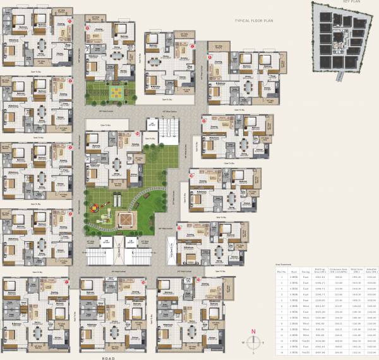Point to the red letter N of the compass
253,331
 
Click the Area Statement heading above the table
284,264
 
